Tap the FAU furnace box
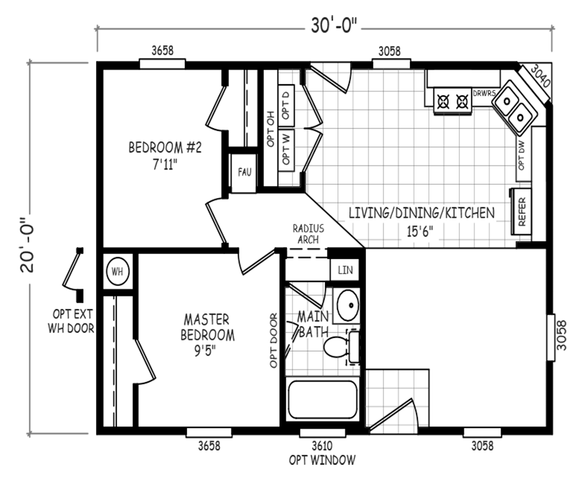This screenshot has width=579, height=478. tap(242, 173)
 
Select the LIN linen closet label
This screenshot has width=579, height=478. tap(344, 270)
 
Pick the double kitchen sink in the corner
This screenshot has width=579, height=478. tap(515, 108)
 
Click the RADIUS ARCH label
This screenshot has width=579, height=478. tap(307, 234)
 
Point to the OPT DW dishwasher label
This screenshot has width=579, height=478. tap(522, 155)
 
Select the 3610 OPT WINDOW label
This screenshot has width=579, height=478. tap(322, 452)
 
